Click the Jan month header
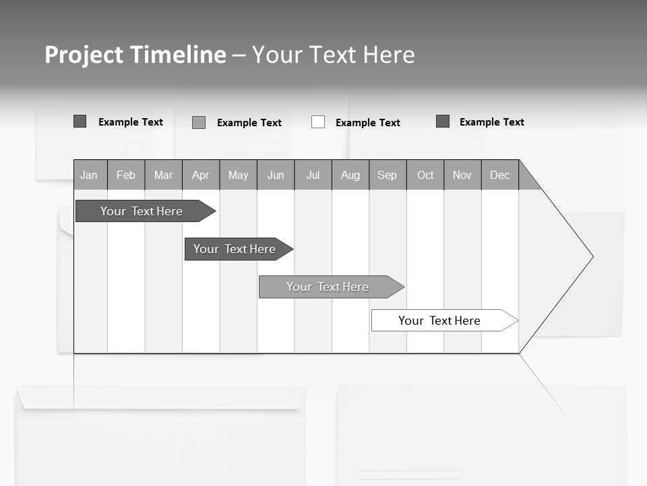tap(90, 175)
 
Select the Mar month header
tap(163, 175)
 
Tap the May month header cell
tap(238, 175)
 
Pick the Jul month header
tap(313, 175)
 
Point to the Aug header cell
tap(350, 175)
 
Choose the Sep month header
tap(388, 175)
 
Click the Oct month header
tap(425, 175)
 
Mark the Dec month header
tap(500, 175)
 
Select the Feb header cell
tap(126, 175)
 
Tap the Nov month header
tap(462, 175)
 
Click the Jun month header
tap(276, 175)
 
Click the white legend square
tap(318, 122)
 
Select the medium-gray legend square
tap(199, 122)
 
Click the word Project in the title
tap(84, 55)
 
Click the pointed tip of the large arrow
tap(591, 256)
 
